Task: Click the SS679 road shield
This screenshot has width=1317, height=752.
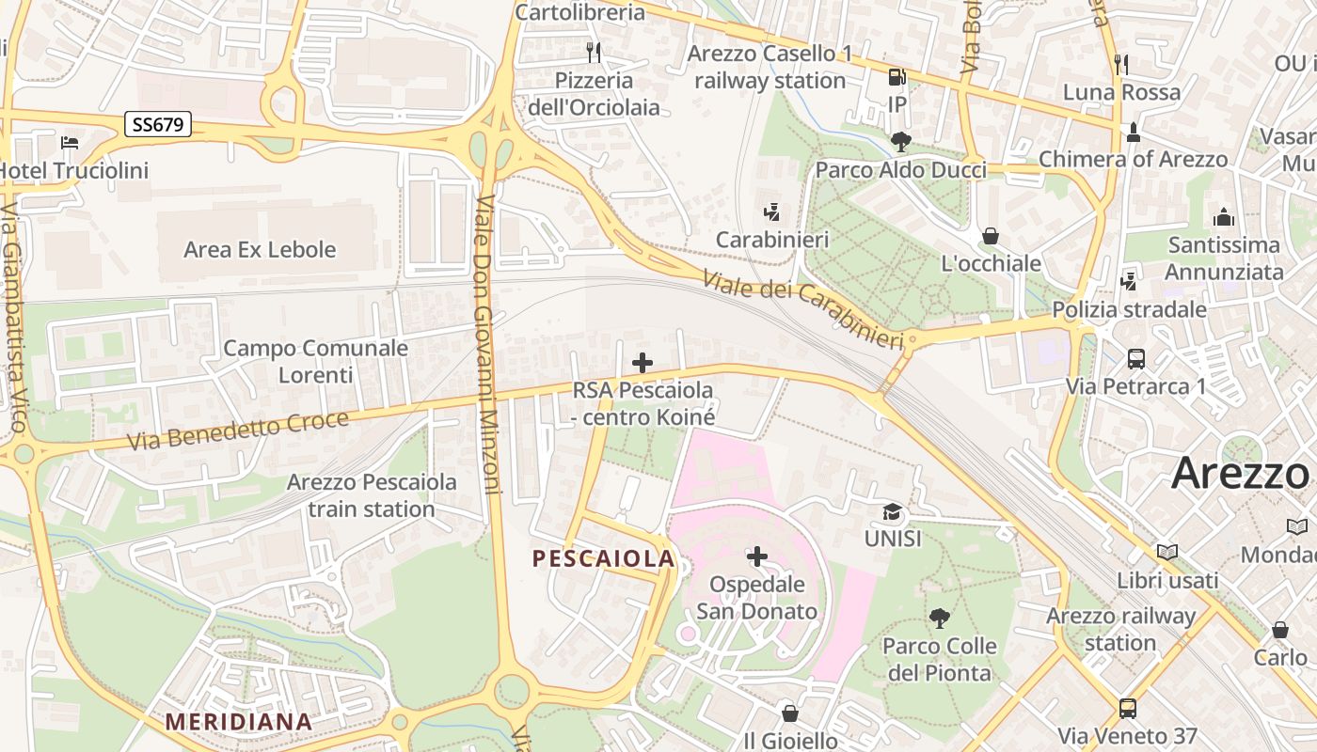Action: [158, 124]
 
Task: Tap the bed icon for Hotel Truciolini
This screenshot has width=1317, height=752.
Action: [70, 143]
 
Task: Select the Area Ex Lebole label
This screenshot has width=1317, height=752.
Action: [260, 250]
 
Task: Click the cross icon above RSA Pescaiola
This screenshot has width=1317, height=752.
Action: [643, 363]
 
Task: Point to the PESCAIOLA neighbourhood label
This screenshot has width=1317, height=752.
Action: [603, 558]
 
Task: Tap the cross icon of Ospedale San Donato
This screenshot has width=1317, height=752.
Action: [756, 556]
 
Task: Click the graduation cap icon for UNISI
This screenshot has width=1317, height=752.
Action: [892, 512]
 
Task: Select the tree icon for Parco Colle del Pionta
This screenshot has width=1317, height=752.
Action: [939, 618]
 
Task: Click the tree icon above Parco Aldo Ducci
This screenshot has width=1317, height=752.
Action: [900, 142]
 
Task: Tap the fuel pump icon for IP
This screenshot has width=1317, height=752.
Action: [897, 77]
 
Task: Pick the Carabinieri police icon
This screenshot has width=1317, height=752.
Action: [772, 212]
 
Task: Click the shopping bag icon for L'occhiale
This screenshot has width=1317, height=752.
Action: [990, 236]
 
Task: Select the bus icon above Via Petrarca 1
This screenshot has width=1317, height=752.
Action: [1135, 358]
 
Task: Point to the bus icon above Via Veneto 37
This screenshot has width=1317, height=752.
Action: [1127, 708]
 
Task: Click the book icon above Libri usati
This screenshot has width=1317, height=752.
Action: [1166, 553]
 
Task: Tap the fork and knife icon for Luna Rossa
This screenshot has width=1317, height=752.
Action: [1120, 64]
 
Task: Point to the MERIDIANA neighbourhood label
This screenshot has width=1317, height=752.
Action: [238, 722]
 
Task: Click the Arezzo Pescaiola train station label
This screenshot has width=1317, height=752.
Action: [372, 495]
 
